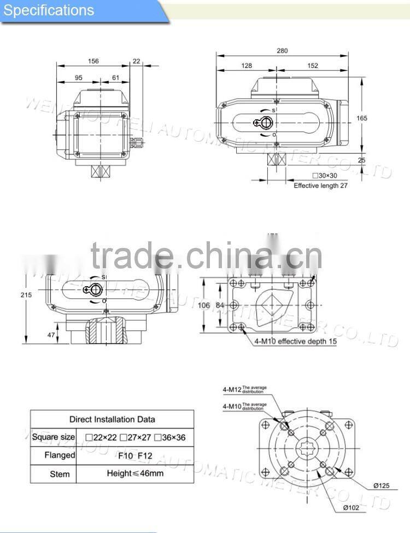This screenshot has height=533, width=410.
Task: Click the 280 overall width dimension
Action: coord(282,51)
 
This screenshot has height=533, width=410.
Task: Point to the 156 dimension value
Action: coord(93,61)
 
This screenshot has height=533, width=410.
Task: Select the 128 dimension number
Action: coord(247,66)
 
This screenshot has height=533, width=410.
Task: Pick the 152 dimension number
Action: coord(312,66)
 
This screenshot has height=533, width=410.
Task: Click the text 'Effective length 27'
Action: coord(321,186)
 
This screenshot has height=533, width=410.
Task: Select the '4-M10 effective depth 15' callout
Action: coord(296,341)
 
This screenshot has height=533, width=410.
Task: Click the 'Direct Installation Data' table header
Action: coord(112,419)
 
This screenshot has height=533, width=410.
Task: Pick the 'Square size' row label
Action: coord(53,437)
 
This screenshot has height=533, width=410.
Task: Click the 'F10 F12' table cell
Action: coord(135,455)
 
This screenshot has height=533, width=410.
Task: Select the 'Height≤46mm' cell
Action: coord(135,473)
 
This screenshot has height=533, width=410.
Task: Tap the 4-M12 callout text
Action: coord(232,389)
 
